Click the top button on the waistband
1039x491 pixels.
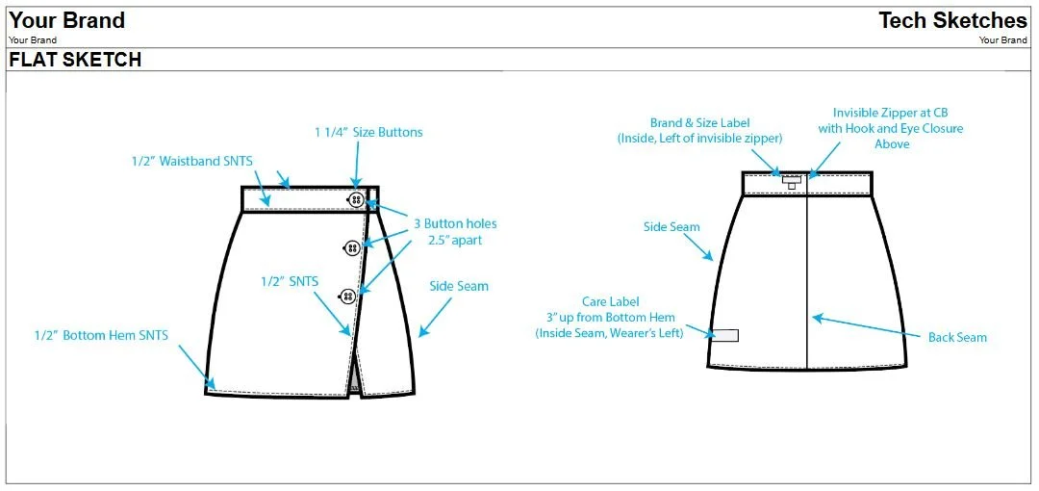pyautogui.click(x=356, y=199)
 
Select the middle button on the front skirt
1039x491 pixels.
pyautogui.click(x=351, y=248)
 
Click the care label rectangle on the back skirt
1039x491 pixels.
pyautogui.click(x=725, y=335)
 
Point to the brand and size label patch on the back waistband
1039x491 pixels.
pyautogui.click(x=792, y=180)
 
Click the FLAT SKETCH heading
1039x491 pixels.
pyautogui.click(x=75, y=60)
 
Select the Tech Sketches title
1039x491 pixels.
pyautogui.click(x=952, y=20)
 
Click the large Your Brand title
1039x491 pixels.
pyautogui.click(x=67, y=20)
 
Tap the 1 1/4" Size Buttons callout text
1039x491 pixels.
pyautogui.click(x=368, y=132)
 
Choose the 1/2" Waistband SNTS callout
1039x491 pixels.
pyautogui.click(x=192, y=161)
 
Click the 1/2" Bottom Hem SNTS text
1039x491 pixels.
pyautogui.click(x=101, y=336)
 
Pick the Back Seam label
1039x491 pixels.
pyautogui.click(x=957, y=337)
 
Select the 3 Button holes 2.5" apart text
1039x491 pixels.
pyautogui.click(x=455, y=232)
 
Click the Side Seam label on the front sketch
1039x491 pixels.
pyautogui.click(x=459, y=286)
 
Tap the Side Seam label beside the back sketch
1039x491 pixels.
pyautogui.click(x=672, y=227)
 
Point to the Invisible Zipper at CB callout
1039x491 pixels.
pyautogui.click(x=890, y=128)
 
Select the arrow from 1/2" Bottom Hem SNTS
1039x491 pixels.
pyautogui.click(x=197, y=367)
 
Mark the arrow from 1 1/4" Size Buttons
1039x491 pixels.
pyautogui.click(x=357, y=165)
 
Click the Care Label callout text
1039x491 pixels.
pyautogui.click(x=609, y=317)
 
